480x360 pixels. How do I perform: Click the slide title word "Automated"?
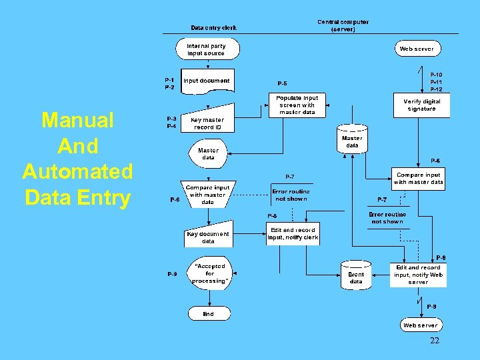pyautogui.click(x=77, y=172)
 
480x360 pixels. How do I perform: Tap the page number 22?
pyautogui.click(x=434, y=341)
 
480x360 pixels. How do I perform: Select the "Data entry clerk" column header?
pyautogui.click(x=213, y=28)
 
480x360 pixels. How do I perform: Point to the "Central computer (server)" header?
pyautogui.click(x=343, y=25)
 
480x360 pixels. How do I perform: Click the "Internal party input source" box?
pyautogui.click(x=206, y=50)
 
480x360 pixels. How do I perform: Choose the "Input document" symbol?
pyautogui.click(x=207, y=81)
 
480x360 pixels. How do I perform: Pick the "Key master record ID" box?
pyautogui.click(x=207, y=123)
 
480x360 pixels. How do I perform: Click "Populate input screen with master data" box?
pyautogui.click(x=297, y=105)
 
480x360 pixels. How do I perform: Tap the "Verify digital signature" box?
pyautogui.click(x=421, y=105)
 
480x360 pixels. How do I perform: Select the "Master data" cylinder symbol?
pyautogui.click(x=352, y=141)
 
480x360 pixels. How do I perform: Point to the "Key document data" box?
pyautogui.click(x=207, y=237)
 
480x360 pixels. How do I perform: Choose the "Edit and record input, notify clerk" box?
pyautogui.click(x=293, y=233)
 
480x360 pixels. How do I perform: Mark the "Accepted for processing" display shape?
pyautogui.click(x=209, y=273)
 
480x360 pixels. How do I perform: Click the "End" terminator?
pyautogui.click(x=208, y=313)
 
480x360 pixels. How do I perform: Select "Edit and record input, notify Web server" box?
pyautogui.click(x=418, y=275)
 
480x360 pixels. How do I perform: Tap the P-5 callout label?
pyautogui.click(x=282, y=83)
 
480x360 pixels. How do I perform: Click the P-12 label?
pyautogui.click(x=436, y=89)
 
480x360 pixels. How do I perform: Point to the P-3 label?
pyautogui.click(x=171, y=119)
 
